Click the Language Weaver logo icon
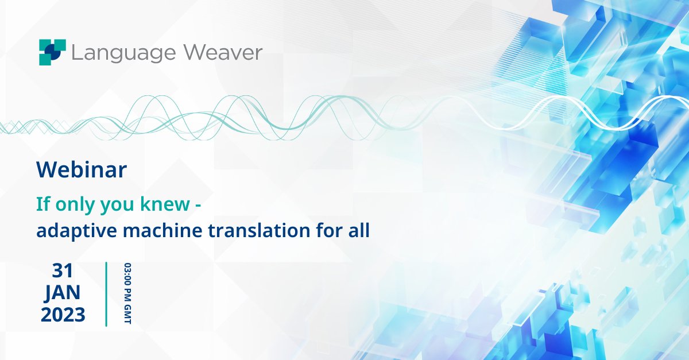coord(52,52)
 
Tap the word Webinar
coord(82,171)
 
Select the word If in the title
coord(42,204)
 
